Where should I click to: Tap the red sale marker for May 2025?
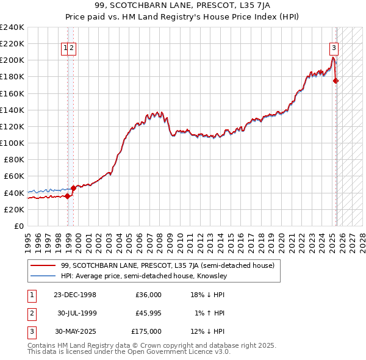coord(336,81)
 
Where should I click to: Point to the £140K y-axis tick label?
coord(12,110)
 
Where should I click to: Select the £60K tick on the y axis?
coord(15,176)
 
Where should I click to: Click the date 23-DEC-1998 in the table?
coord(75,295)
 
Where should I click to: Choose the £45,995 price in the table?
coord(148,313)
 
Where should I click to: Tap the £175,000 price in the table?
coord(146,331)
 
